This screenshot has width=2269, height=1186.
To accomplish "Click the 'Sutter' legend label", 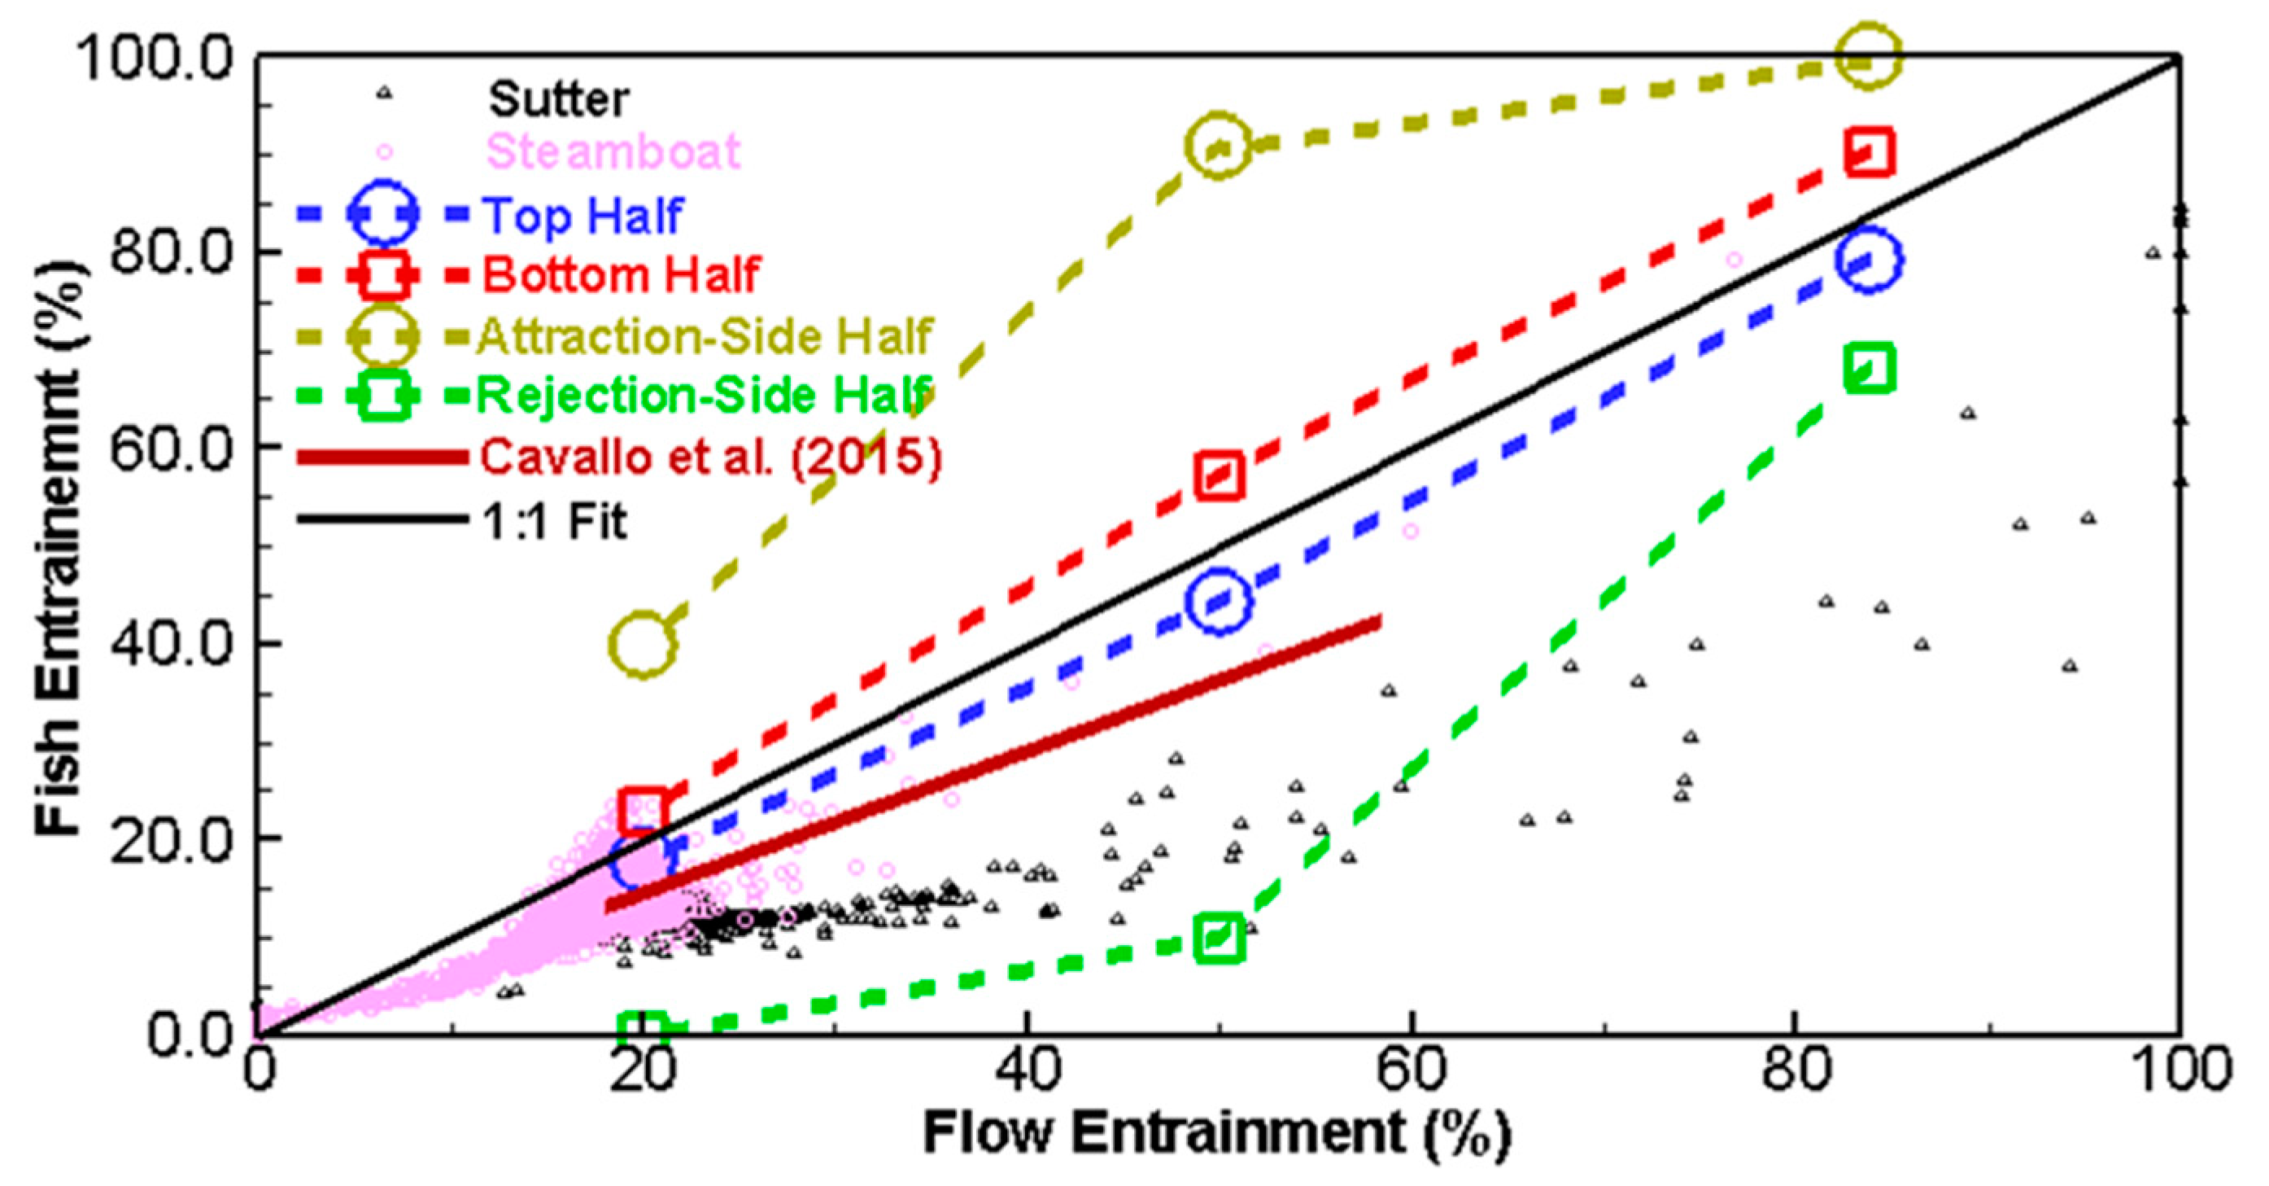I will click(558, 98).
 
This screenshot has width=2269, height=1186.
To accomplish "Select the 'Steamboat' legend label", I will click(613, 151).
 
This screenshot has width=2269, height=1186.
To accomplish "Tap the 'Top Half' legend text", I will click(583, 215).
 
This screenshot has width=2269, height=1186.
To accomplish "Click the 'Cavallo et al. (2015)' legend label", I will click(711, 457).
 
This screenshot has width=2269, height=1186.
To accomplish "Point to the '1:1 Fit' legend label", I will click(554, 521).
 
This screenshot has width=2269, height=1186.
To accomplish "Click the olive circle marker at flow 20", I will click(643, 644).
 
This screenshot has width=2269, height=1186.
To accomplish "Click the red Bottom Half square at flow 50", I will click(1219, 476).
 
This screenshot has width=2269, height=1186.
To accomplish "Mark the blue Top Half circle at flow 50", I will click(1219, 601).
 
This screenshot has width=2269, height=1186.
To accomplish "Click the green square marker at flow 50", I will click(1219, 938).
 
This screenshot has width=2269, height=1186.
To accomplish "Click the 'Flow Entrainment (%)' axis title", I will click(1216, 1132).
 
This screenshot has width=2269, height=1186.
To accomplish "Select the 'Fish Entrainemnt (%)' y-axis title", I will click(59, 546).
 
